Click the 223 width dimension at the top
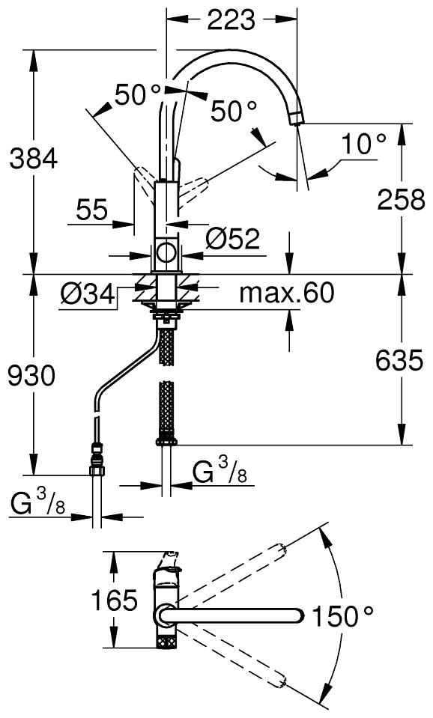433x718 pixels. pos(231,21)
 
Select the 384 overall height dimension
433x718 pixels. pos(32,159)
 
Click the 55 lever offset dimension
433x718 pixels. pos(92,210)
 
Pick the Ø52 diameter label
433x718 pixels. pos(232,239)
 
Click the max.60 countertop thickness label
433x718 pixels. pos(286,293)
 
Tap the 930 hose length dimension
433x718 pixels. pos(31,377)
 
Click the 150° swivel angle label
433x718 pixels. pos(342,616)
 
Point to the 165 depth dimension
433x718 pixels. pos(114,600)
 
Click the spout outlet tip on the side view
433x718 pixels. pos(297,118)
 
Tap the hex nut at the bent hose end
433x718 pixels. pos(97,470)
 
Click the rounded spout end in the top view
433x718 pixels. pos(298,615)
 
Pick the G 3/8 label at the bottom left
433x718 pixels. pos(39,505)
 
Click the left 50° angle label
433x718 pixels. pos(138,94)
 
